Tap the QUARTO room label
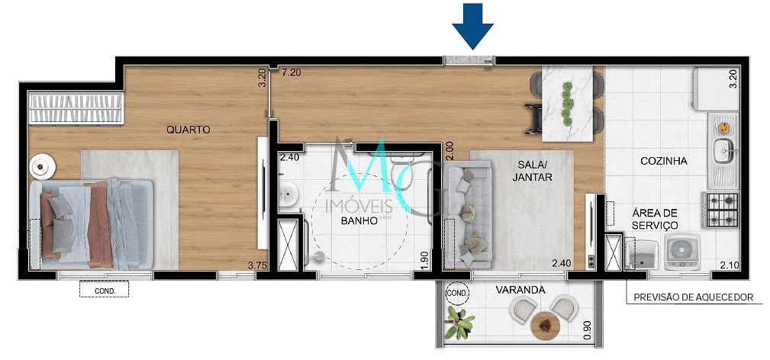(x=188, y=130)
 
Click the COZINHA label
(x=664, y=161)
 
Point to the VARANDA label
(x=519, y=291)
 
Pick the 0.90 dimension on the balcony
(x=587, y=329)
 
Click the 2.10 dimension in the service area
(x=731, y=265)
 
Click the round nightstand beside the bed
(x=41, y=165)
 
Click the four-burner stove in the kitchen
(x=722, y=204)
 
